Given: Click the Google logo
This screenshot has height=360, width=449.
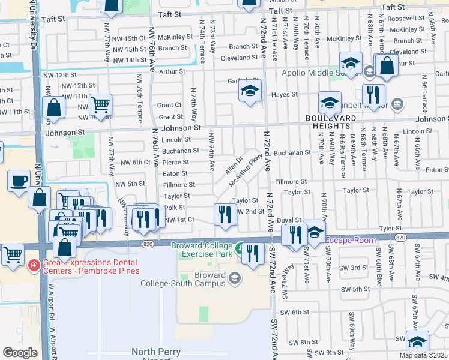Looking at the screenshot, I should tap(20, 352).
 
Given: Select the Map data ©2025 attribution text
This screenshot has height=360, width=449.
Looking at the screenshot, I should tap(423, 355).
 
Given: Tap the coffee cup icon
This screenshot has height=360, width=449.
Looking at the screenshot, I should tap(19, 180).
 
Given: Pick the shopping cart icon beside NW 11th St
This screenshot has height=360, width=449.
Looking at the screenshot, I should tap(101, 104).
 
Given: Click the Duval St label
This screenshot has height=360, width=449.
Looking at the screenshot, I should tap(288, 220).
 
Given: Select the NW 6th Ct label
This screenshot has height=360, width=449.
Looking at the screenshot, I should tap(134, 162).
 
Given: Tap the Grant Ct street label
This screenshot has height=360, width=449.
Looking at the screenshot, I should tap(169, 105).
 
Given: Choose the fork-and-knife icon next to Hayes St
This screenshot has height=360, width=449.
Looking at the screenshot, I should tap(373, 94).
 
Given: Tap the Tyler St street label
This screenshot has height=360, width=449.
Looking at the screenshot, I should tap(390, 228).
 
